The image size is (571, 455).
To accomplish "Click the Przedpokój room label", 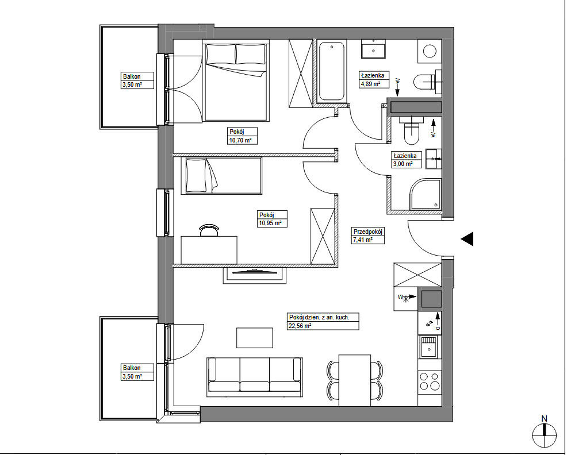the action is click(368, 232).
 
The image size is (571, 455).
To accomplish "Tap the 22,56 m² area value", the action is click(300, 326).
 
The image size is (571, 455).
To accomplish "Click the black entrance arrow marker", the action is click(467, 239).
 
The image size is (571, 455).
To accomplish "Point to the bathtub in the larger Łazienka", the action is click(331, 71).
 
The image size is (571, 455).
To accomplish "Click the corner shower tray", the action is click(426, 194).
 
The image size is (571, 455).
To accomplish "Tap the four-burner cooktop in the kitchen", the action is click(430, 381).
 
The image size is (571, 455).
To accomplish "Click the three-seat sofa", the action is click(255, 377).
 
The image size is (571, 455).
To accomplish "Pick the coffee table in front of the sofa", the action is click(255, 338).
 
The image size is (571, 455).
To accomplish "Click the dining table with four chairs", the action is click(355, 380).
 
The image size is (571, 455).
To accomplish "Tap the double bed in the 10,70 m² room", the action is click(236, 81).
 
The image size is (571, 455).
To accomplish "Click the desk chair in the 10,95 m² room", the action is click(209, 230).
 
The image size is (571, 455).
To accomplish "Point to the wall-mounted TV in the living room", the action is click(255, 271).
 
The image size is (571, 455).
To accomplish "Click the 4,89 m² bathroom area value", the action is click(371, 84).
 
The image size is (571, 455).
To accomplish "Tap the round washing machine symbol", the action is click(430, 51).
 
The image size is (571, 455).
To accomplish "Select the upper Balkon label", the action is click(132, 76).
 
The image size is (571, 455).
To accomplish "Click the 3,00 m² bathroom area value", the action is click(403, 164).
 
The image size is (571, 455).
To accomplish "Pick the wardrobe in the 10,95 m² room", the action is click(322, 236).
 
